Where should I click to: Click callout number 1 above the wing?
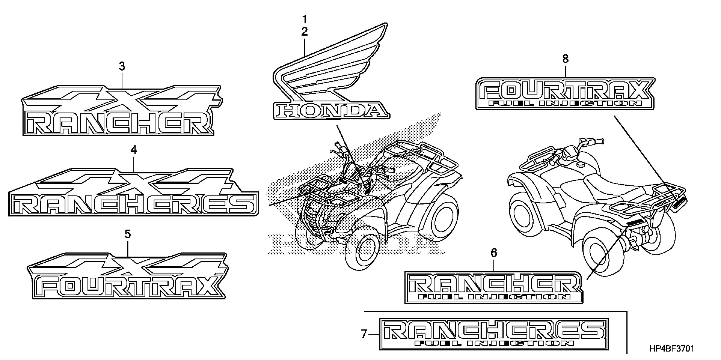click(x=304, y=19)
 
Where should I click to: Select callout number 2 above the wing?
click(x=304, y=32)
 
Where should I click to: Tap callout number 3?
click(x=122, y=66)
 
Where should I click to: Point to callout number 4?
click(x=133, y=150)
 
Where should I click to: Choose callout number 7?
click(x=364, y=334)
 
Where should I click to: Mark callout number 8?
click(x=565, y=59)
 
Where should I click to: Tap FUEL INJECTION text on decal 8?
click(x=565, y=104)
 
